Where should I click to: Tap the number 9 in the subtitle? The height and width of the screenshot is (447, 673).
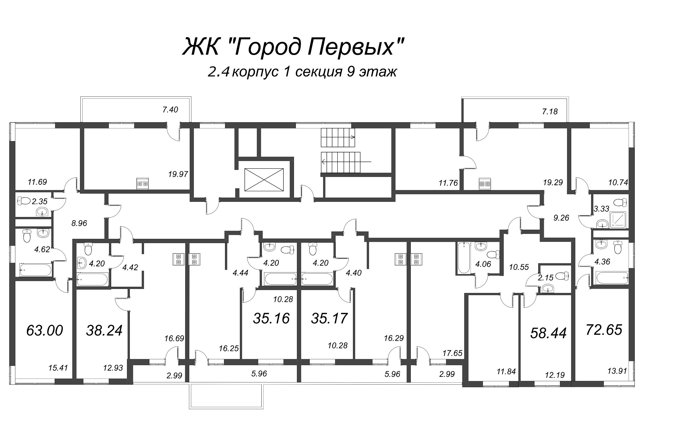(x=351, y=72)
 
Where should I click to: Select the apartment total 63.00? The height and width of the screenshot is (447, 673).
(x=44, y=331)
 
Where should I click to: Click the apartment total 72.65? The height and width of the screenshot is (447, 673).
(x=604, y=330)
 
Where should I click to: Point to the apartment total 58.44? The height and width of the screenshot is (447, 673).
(x=548, y=333)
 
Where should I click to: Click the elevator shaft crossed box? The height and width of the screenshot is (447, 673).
(x=264, y=180)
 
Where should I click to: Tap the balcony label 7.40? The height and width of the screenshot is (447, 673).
(x=170, y=110)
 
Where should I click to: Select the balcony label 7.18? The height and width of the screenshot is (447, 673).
(x=550, y=111)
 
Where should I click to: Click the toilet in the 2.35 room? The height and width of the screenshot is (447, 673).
(x=24, y=201)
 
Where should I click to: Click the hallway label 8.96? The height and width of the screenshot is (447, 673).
(x=79, y=223)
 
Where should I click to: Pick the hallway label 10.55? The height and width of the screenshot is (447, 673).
(x=519, y=267)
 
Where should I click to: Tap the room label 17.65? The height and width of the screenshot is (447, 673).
(x=452, y=353)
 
